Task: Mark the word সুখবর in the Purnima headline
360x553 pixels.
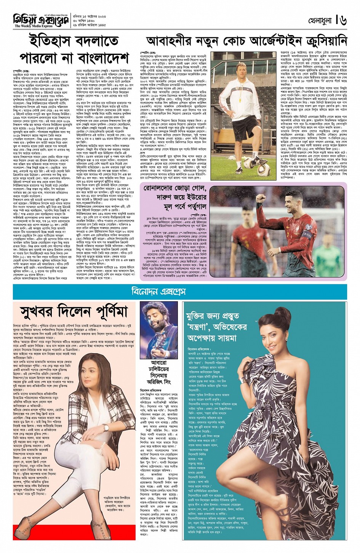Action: (x=42, y=312)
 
